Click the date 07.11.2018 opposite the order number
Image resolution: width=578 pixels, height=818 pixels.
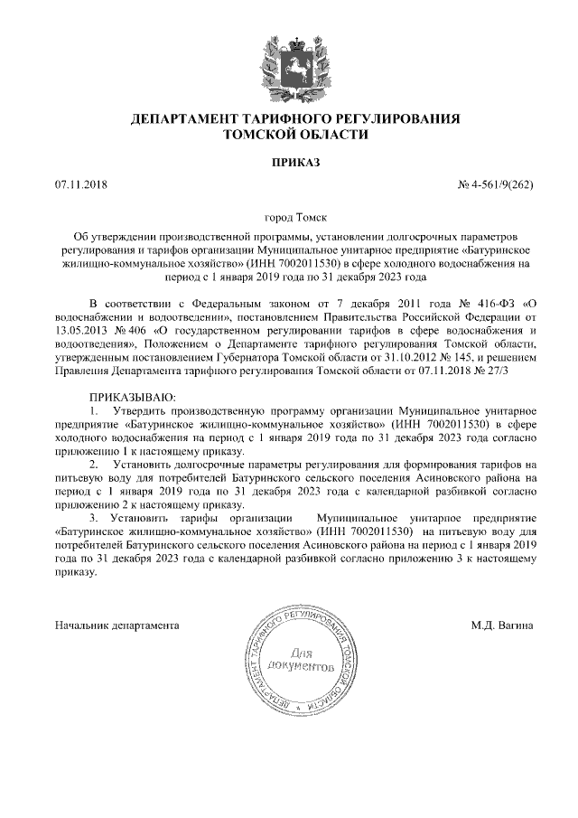click(x=80, y=185)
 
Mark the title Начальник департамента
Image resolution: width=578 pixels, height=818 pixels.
click(x=117, y=625)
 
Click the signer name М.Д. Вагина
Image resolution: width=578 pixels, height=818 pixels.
click(x=502, y=625)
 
